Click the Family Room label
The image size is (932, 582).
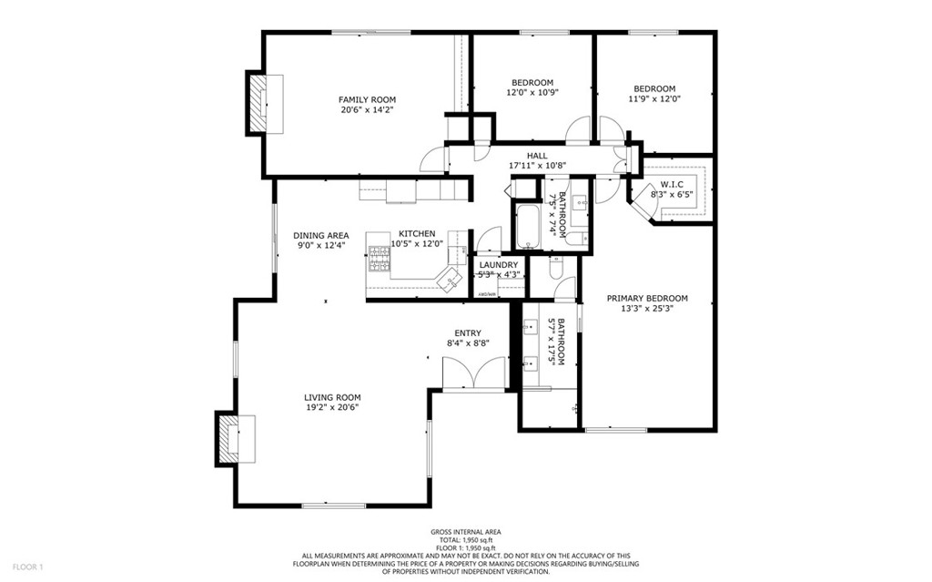click(x=367, y=99)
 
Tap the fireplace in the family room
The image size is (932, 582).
click(x=262, y=104)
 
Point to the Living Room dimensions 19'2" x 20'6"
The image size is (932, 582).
click(x=332, y=408)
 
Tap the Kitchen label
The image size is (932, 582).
click(x=417, y=233)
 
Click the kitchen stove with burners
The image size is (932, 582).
click(x=378, y=259)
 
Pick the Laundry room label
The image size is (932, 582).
click(x=499, y=265)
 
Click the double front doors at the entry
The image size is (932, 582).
click(x=473, y=373)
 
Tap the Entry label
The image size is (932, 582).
click(x=468, y=333)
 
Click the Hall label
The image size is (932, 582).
click(x=537, y=156)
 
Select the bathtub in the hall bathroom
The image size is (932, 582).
click(x=529, y=228)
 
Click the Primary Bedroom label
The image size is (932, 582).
click(x=647, y=298)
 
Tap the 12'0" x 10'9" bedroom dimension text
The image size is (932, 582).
click(x=532, y=92)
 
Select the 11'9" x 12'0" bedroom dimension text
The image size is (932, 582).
click(x=654, y=99)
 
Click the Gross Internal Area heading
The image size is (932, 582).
click(x=465, y=532)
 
